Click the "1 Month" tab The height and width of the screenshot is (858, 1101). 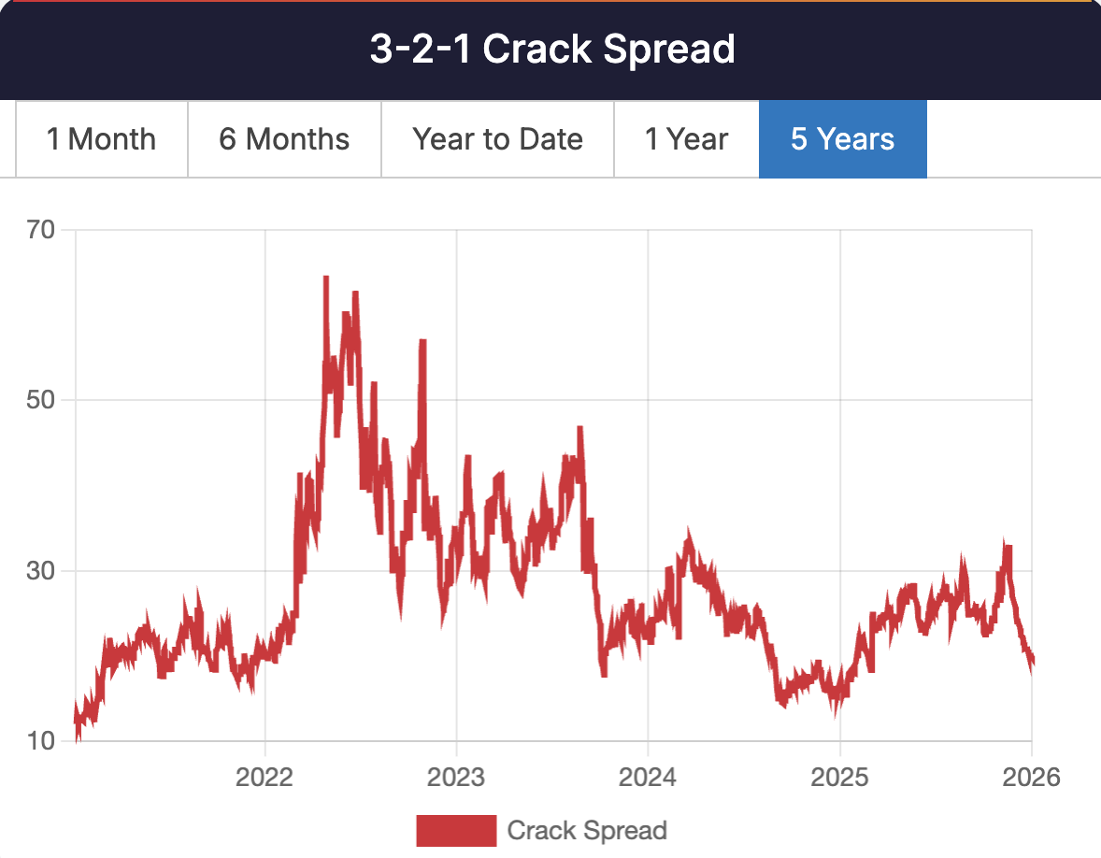click(x=102, y=139)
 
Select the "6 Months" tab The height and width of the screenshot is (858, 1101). click(x=284, y=139)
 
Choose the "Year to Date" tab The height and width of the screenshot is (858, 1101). click(x=497, y=139)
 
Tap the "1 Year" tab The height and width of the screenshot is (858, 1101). click(x=686, y=139)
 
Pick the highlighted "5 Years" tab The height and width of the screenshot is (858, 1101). click(x=842, y=139)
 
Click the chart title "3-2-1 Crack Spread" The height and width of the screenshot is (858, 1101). click(x=551, y=50)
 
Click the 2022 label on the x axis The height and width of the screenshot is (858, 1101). click(x=265, y=777)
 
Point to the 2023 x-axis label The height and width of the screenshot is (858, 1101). click(x=456, y=777)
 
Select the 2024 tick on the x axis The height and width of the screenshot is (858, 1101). click(x=648, y=777)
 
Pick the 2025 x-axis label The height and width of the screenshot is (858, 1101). click(x=839, y=777)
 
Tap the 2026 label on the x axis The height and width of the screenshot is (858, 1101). click(x=1030, y=777)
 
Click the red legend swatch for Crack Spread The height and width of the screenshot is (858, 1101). click(x=455, y=830)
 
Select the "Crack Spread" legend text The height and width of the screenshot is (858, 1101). click(x=587, y=830)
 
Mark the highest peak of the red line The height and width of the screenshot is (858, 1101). click(x=326, y=279)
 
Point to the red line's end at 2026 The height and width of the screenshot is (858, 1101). click(x=1031, y=662)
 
